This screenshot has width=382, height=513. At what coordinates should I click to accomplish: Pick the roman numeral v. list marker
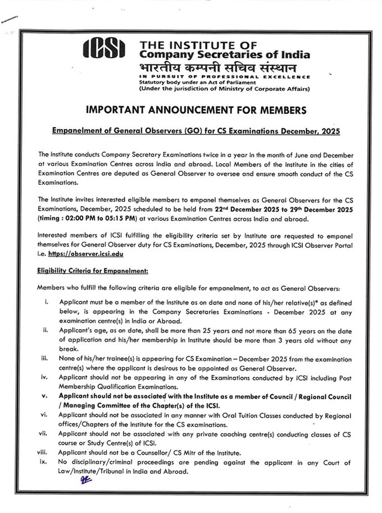pyautogui.click(x=45, y=395)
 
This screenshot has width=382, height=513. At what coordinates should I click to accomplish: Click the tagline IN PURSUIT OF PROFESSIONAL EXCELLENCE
pyautogui.click(x=224, y=76)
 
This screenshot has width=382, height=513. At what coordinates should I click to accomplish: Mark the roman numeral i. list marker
pyautogui.click(x=46, y=302)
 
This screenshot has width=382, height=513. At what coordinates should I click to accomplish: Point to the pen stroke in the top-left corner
pyautogui.click(x=10, y=20)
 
